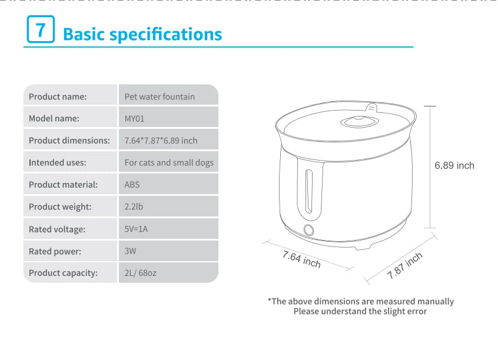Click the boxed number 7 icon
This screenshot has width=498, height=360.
pyautogui.click(x=41, y=29)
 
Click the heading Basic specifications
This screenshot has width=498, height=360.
pyautogui.click(x=142, y=34)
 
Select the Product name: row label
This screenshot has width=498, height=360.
pyautogui.click(x=58, y=96)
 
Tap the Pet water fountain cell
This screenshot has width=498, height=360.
pyautogui.click(x=160, y=96)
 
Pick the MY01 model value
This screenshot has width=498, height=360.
pyautogui.click(x=134, y=118)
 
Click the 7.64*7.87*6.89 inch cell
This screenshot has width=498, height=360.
pyautogui.click(x=161, y=141)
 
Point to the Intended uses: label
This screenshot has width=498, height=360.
pyautogui.click(x=57, y=162)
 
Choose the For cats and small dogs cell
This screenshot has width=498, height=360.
pyautogui.click(x=169, y=162)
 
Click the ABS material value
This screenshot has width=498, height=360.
pyautogui.click(x=132, y=185)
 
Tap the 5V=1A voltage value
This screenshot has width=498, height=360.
pyautogui.click(x=136, y=229)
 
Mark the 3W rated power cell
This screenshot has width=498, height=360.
pyautogui.click(x=130, y=251)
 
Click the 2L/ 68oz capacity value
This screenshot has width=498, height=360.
pyautogui.click(x=140, y=273)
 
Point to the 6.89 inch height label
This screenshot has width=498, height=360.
pyautogui.click(x=454, y=166)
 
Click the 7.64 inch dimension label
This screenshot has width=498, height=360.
pyautogui.click(x=301, y=259)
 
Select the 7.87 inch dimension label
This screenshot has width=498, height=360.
pyautogui.click(x=405, y=265)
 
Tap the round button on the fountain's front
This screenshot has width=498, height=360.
pyautogui.click(x=307, y=230)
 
